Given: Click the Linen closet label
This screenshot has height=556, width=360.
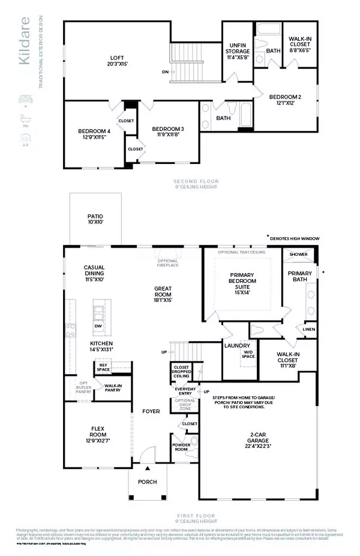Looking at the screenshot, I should (x=308, y=329).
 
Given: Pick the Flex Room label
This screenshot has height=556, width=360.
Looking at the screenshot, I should (x=96, y=431).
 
